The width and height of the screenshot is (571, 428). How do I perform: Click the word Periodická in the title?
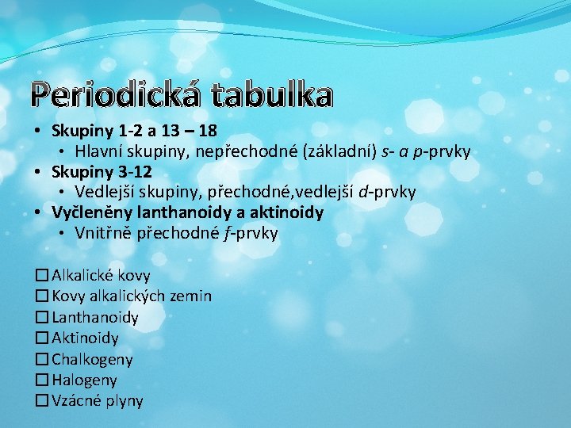coord(115,95)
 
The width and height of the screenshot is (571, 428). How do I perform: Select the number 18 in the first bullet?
coord(209,130)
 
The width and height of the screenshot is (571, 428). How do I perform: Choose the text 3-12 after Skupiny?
coord(134,171)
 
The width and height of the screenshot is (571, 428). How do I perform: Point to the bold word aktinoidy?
coord(287,212)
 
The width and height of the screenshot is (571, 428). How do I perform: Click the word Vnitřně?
coord(103,233)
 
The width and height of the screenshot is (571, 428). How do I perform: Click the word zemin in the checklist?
coord(190,296)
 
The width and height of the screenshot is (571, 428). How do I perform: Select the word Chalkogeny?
coord(92,359)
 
